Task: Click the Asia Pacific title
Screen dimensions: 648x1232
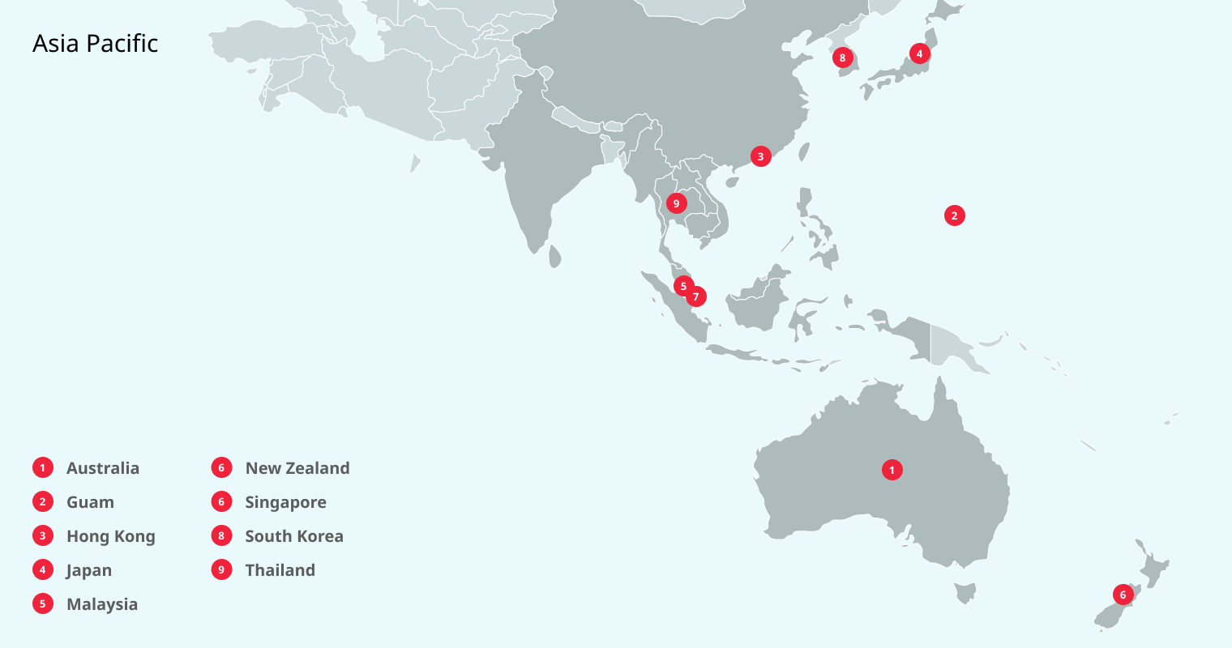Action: (x=95, y=44)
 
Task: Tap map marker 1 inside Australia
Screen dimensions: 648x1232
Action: (x=892, y=470)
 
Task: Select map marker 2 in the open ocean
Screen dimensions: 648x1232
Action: (x=954, y=215)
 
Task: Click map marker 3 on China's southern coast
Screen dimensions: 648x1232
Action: (x=760, y=156)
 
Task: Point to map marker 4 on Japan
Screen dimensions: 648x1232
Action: (x=919, y=53)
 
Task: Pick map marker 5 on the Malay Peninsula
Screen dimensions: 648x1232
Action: (x=683, y=286)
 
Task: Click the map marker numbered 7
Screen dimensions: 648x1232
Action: (x=695, y=296)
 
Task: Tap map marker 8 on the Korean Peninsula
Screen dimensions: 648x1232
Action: (x=842, y=58)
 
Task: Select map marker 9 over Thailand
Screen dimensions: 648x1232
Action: (x=676, y=203)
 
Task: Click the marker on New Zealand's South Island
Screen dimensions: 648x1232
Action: (x=1123, y=595)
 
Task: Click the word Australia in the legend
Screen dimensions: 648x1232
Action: (x=103, y=468)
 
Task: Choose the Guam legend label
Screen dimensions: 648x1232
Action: (x=90, y=502)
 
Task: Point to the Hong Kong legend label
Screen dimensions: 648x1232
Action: (x=110, y=536)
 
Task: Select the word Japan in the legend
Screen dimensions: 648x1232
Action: (x=89, y=570)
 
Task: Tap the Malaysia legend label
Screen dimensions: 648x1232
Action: (x=102, y=604)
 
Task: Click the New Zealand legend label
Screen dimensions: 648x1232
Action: (x=297, y=468)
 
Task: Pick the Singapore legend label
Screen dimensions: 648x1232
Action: (x=285, y=502)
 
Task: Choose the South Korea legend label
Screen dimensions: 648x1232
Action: (x=294, y=536)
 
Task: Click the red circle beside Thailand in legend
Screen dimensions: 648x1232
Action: (x=221, y=570)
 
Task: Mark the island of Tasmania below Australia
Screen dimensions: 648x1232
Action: (x=965, y=594)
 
